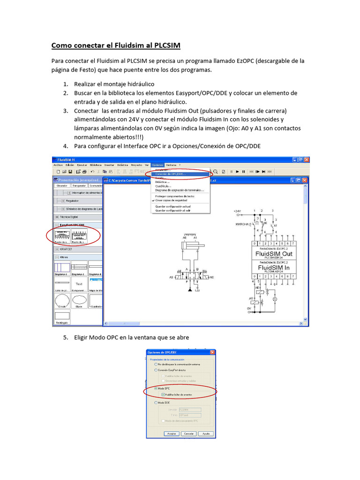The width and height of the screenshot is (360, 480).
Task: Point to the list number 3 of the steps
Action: pyautogui.click(x=66, y=111)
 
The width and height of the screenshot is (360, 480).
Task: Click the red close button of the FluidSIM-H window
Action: pyautogui.click(x=307, y=159)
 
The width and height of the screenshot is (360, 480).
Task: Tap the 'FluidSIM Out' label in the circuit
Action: pyautogui.click(x=274, y=253)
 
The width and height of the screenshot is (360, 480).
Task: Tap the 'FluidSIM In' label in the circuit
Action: pyautogui.click(x=274, y=267)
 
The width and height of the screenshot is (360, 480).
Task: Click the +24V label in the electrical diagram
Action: pyautogui.click(x=238, y=212)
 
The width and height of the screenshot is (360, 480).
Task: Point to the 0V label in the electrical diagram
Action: pyautogui.click(x=249, y=308)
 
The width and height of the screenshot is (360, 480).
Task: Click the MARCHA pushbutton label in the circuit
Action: pyautogui.click(x=243, y=225)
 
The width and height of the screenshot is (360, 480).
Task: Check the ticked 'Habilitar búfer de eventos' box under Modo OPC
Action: pyautogui.click(x=163, y=395)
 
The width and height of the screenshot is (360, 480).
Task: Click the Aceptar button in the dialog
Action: pyautogui.click(x=171, y=434)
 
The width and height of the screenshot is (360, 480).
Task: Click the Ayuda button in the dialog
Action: pyautogui.click(x=205, y=434)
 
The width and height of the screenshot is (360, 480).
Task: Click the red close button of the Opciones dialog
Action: pyautogui.click(x=212, y=352)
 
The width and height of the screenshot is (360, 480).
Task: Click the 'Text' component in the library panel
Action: pyautogui.click(x=79, y=284)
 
